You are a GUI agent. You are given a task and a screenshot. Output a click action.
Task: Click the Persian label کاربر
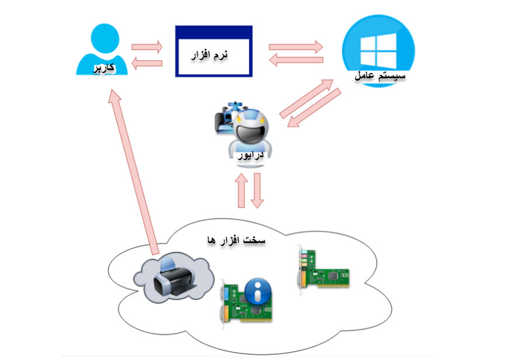coord(103,69)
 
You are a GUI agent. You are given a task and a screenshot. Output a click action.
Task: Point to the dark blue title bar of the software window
coord(214,30)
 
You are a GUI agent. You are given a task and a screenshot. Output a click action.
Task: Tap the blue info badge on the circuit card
coord(256,290)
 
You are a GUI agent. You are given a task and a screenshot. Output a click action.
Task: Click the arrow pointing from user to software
coord(147,46)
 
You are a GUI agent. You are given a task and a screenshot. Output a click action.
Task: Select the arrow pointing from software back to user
coord(147,64)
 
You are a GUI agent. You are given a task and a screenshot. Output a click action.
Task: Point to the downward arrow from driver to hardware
coord(258,189)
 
